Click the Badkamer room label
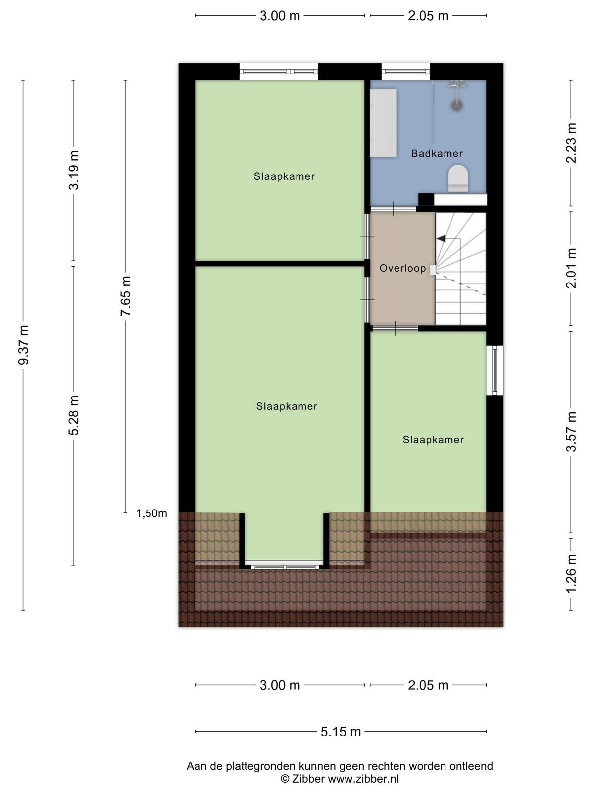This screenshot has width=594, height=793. click(437, 153)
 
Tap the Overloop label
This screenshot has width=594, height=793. click(402, 268)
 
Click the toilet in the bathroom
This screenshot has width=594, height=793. click(458, 178)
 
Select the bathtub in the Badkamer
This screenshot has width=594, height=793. click(383, 122)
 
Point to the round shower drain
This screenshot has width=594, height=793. click(457, 105)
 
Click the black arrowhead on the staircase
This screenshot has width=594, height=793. click(441, 238)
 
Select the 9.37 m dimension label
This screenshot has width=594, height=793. click(23, 344)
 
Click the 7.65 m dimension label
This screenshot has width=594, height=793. click(126, 296)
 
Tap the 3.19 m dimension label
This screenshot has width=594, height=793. click(74, 170)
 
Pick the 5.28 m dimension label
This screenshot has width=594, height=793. click(74, 415)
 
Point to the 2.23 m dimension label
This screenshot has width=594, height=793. click(571, 143)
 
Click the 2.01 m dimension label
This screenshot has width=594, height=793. click(571, 268)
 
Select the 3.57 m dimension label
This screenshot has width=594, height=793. click(571, 431)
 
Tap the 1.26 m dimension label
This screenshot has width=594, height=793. click(571, 574)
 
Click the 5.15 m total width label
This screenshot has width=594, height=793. click(341, 731)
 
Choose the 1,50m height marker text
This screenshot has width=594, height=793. click(151, 513)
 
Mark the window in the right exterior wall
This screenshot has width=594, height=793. click(495, 370)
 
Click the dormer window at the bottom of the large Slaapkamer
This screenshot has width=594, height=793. click(285, 566)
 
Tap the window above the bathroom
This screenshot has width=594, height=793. click(406, 72)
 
